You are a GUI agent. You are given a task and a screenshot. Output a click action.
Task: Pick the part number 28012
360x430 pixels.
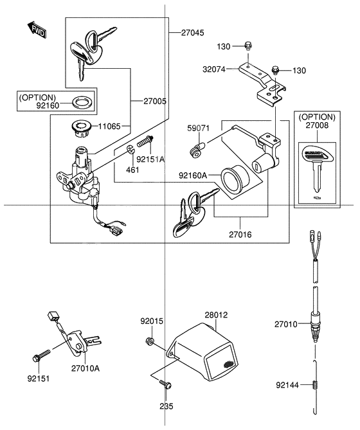216,316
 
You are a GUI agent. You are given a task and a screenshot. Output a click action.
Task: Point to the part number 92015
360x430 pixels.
152,320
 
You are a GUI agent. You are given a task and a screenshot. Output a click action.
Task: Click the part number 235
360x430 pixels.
166,406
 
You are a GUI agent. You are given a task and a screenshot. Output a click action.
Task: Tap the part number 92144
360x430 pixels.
288,386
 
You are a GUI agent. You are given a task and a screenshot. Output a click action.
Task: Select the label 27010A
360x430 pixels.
86,369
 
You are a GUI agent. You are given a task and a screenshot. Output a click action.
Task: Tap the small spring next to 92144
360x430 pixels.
316,386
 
